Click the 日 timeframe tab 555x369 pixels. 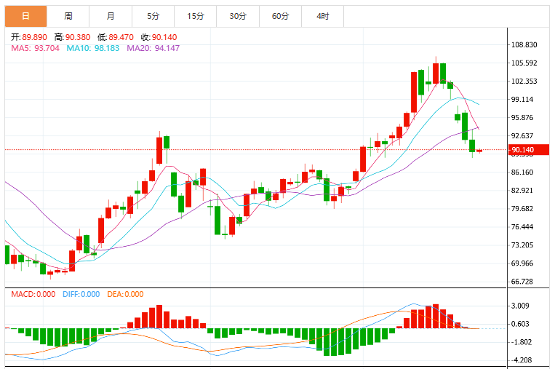tap(26, 16)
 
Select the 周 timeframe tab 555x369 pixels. tap(68, 16)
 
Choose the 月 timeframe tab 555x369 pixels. tap(111, 16)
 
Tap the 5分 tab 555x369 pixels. tap(153, 16)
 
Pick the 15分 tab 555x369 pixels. tap(196, 16)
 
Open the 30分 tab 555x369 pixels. tap(238, 16)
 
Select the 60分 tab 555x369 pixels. tap(280, 16)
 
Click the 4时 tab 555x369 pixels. tap(323, 16)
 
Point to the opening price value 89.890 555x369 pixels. tap(34, 37)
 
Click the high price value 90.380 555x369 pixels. tap(78, 37)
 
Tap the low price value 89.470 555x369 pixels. tap(121, 37)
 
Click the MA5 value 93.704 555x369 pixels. tap(47, 48)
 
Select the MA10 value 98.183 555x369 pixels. tap(107, 48)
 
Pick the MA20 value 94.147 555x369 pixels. tap(167, 48)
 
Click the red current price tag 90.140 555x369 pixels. tap(529, 150)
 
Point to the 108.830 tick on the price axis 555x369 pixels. tap(524, 45)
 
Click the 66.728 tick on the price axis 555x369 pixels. tap(522, 282)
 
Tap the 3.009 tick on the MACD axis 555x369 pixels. tap(520, 306)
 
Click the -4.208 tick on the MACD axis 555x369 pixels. tap(522, 360)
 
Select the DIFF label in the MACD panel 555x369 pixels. tap(71, 294)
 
